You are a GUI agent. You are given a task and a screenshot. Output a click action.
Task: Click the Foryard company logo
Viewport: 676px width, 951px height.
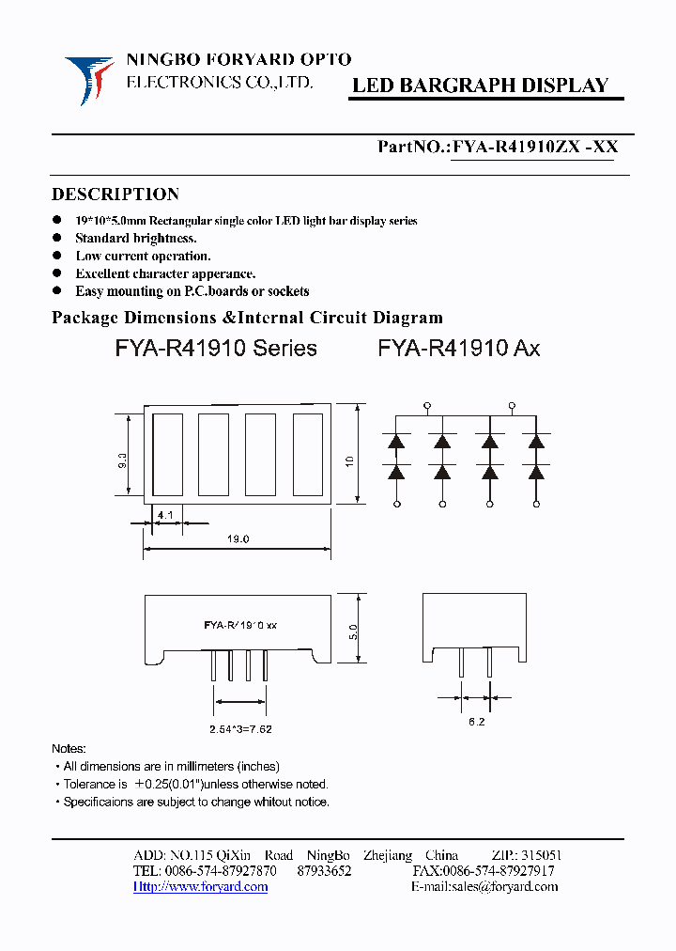pos(89,80)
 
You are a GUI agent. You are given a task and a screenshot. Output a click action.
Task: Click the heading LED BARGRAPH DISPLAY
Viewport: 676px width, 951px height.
pos(480,86)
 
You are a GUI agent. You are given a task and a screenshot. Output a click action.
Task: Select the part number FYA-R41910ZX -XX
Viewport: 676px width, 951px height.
pos(534,147)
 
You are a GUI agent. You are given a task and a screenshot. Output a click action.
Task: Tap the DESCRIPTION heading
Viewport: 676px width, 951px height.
pos(115,195)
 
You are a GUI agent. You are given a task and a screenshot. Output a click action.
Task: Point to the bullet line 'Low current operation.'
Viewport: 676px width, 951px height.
pos(143,256)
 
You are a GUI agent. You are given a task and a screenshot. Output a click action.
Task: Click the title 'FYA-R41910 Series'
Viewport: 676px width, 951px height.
pos(216,349)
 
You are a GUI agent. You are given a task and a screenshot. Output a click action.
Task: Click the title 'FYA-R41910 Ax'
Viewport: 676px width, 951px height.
pos(458,349)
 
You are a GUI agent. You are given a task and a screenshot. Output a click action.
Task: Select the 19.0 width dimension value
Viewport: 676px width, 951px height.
pos(238,539)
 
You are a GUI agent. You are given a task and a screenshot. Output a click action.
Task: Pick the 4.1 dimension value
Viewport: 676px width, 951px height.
pos(164,516)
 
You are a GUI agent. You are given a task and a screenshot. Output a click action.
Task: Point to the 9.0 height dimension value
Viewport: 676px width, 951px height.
pos(123,460)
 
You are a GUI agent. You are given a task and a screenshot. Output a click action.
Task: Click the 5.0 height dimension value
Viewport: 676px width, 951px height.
pos(352,631)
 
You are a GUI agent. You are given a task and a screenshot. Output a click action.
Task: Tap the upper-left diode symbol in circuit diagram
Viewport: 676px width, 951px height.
pos(396,440)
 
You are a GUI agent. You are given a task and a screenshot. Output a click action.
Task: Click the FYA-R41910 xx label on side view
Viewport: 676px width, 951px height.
pos(240,625)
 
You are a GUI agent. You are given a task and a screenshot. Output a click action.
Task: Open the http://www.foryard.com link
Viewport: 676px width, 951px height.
pos(200,886)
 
